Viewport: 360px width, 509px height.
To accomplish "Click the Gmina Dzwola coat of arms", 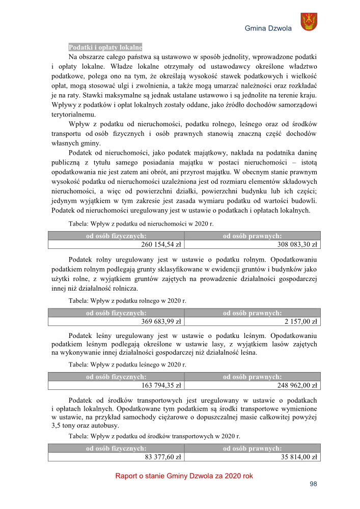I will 309,22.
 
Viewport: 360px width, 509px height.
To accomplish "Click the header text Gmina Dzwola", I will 268,29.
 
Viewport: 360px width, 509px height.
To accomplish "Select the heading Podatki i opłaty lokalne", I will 105,47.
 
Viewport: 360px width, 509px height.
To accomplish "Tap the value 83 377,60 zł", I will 163,457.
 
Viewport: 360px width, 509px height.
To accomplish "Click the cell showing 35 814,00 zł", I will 299,457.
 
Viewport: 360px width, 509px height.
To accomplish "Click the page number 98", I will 313,484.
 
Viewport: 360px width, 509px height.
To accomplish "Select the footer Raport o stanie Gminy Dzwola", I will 184,476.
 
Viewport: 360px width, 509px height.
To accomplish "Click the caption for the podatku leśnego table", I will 127,364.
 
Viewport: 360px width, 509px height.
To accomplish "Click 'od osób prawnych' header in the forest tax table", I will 253,377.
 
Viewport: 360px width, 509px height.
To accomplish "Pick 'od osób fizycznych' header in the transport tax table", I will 116,448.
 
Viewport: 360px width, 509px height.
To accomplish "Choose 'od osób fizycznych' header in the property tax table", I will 116,236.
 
